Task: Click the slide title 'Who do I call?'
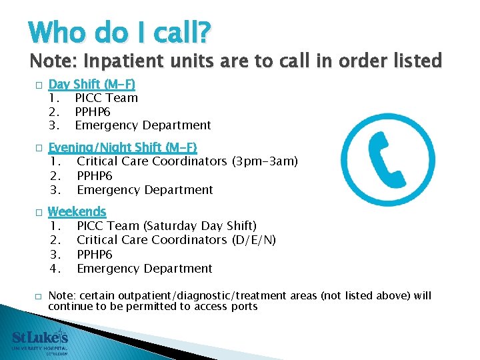120,31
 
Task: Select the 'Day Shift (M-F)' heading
92,84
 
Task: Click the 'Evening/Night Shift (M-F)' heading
123,147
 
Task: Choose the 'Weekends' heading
77,212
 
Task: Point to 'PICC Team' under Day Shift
107,98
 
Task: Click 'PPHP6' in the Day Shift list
93,111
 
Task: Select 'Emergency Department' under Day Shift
143,125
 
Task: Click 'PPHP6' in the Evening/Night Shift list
95,176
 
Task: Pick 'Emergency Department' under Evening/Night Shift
145,190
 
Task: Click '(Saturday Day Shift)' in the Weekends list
199,226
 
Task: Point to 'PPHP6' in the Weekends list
95,255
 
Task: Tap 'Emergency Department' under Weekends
145,269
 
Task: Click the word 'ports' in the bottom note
243,307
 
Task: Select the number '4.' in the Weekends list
56,269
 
